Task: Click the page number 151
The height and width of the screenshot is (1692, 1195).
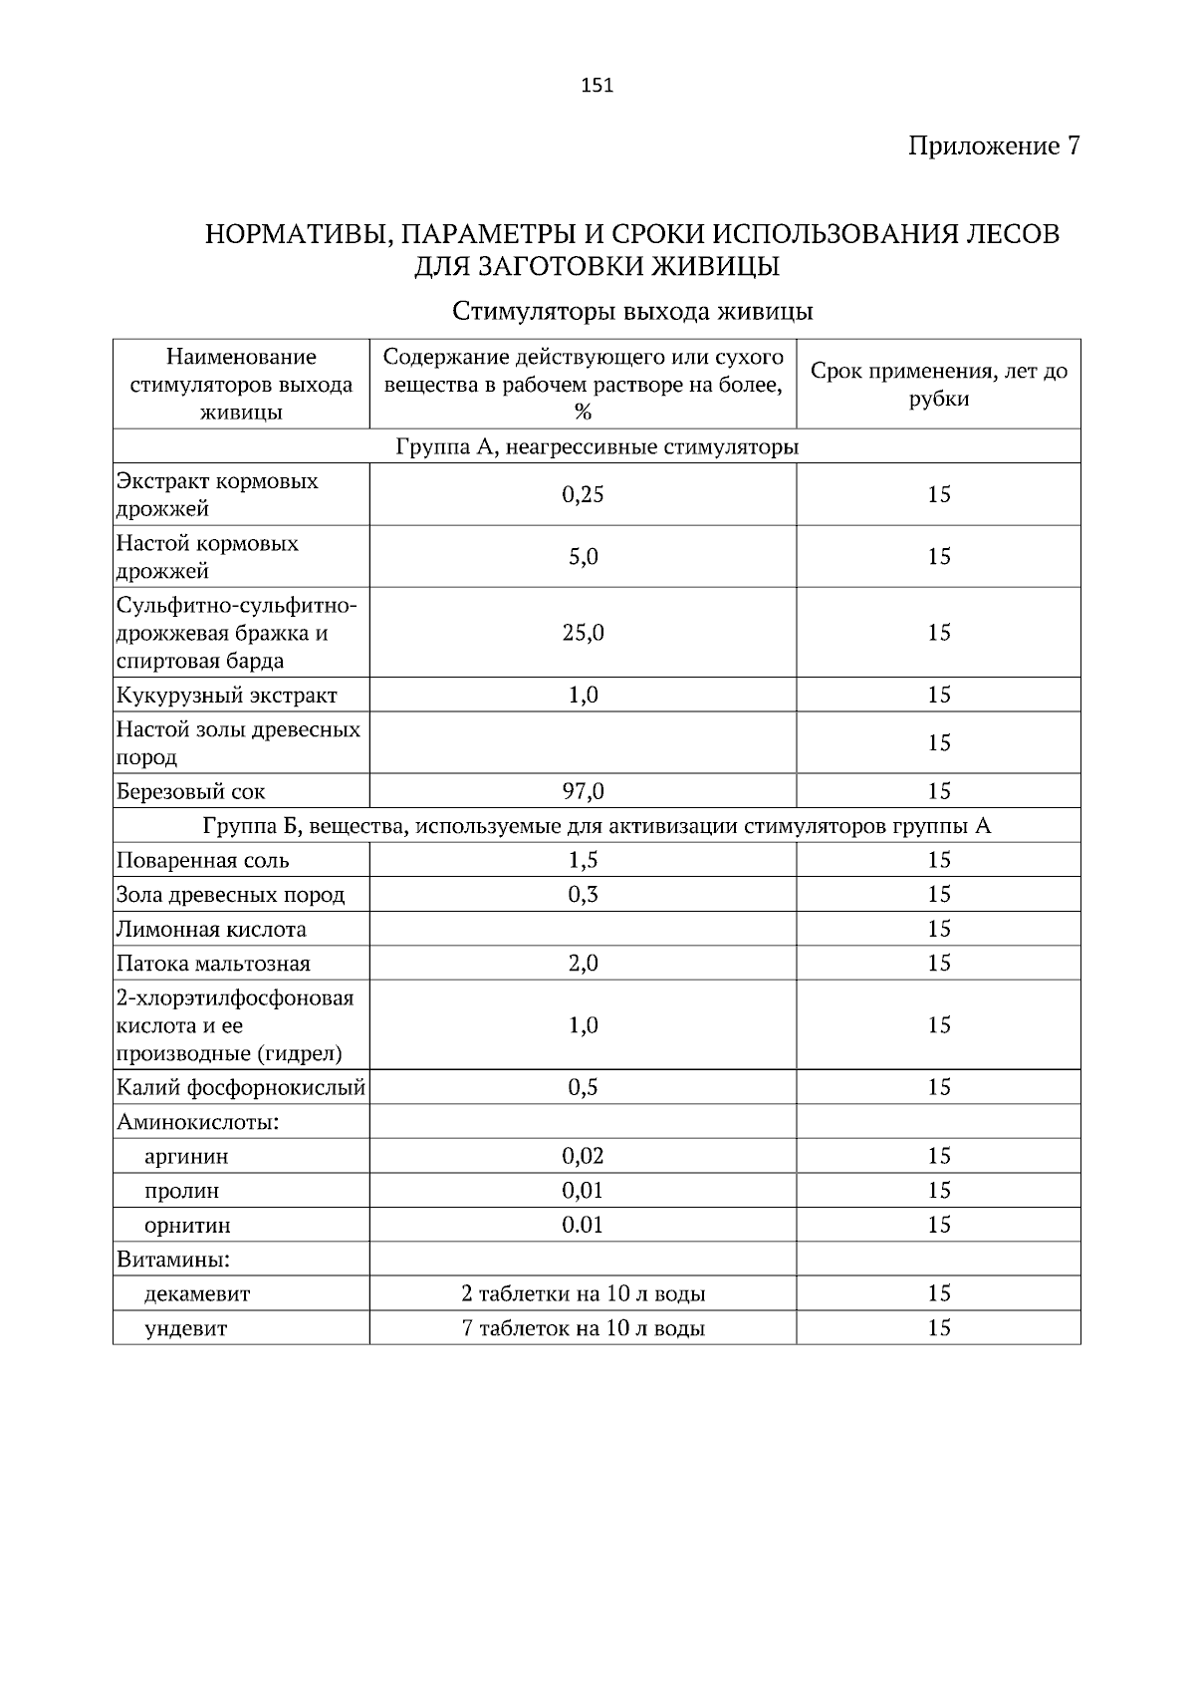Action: (597, 86)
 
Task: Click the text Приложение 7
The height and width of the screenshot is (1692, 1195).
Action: (993, 146)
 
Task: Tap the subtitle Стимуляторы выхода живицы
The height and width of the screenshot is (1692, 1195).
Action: (632, 312)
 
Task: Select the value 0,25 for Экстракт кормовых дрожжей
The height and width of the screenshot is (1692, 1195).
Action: (583, 494)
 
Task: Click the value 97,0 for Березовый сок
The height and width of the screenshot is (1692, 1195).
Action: (583, 791)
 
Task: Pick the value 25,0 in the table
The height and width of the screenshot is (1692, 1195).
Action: (583, 633)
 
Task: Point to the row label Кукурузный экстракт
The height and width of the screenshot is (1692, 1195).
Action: (227, 695)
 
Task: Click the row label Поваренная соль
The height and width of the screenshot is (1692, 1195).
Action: (203, 860)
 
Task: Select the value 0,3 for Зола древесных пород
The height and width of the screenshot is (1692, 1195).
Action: (583, 894)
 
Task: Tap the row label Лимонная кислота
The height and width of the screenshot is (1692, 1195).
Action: (211, 929)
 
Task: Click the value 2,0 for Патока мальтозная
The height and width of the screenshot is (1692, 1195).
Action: (583, 963)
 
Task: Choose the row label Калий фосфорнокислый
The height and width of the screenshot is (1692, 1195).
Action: (241, 1087)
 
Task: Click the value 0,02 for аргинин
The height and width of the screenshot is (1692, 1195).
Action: (583, 1156)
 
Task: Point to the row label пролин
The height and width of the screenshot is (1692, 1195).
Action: (181, 1191)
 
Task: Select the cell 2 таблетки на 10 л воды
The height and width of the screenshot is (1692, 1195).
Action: (583, 1293)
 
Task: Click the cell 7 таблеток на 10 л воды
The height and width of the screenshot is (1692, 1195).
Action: (583, 1328)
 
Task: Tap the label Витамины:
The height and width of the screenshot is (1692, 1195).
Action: (173, 1260)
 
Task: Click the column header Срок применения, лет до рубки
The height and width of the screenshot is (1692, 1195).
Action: (938, 385)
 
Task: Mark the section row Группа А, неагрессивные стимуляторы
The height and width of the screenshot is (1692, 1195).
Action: (597, 446)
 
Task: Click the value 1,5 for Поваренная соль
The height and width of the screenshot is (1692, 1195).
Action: (583, 860)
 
